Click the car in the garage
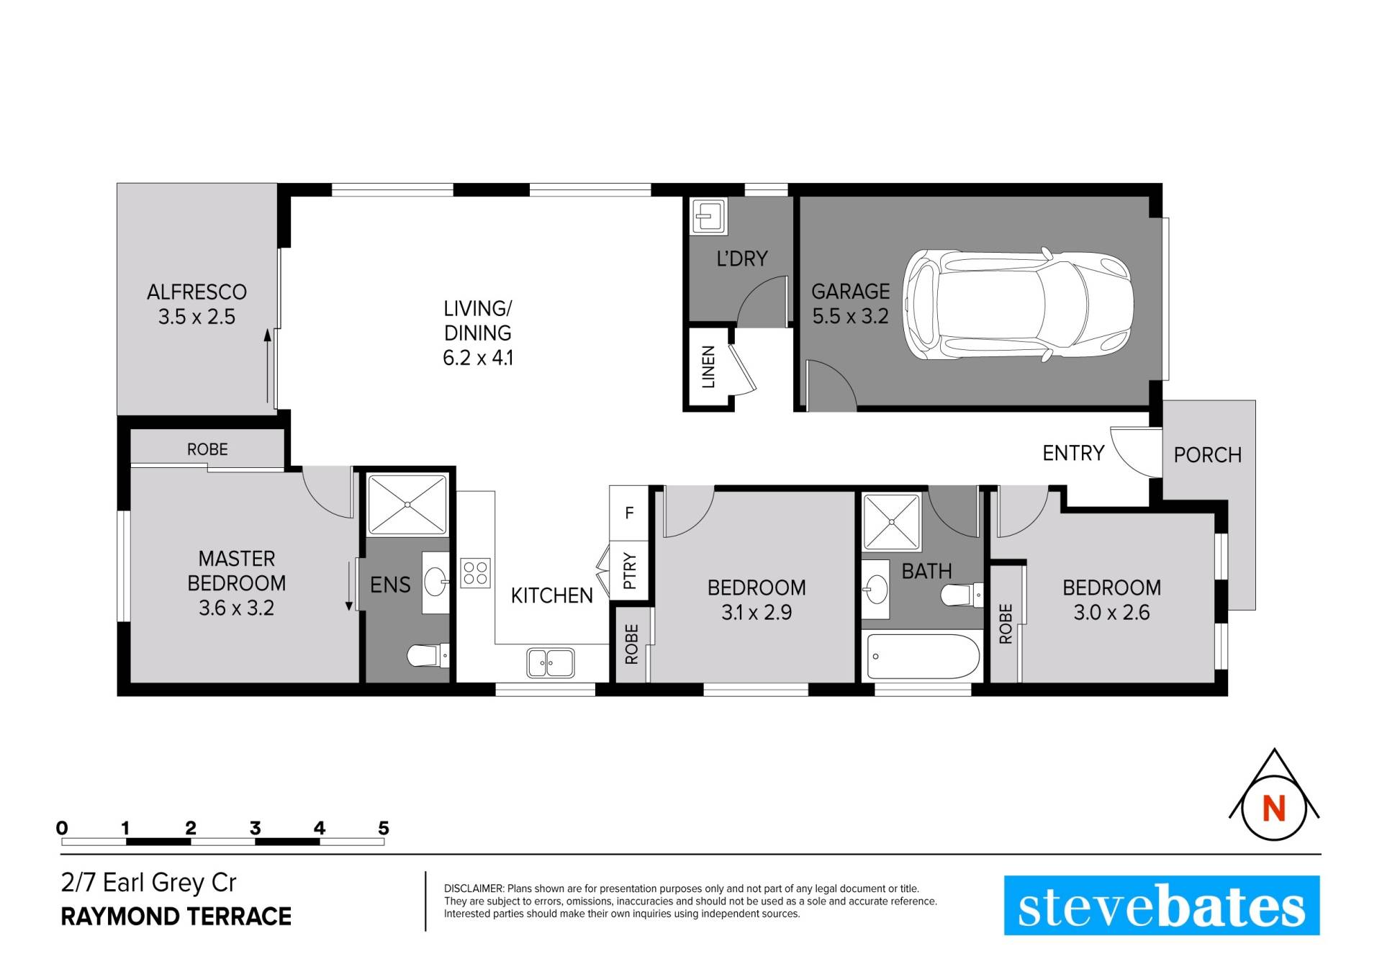coord(1018,305)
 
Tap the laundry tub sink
coord(709,216)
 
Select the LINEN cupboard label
coord(708,367)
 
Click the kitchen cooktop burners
coord(475,573)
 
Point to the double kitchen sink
coord(551,662)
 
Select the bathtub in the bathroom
coord(923,656)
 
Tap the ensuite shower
coord(407,505)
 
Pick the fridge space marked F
coord(629,513)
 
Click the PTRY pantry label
coord(630,571)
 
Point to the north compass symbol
coord(1274,794)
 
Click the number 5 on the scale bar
coord(384,828)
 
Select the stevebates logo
coord(1162,905)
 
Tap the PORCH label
coord(1208,455)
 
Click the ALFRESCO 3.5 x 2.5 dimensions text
coord(197,317)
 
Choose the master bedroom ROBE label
coord(207,449)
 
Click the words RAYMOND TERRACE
coord(176,917)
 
